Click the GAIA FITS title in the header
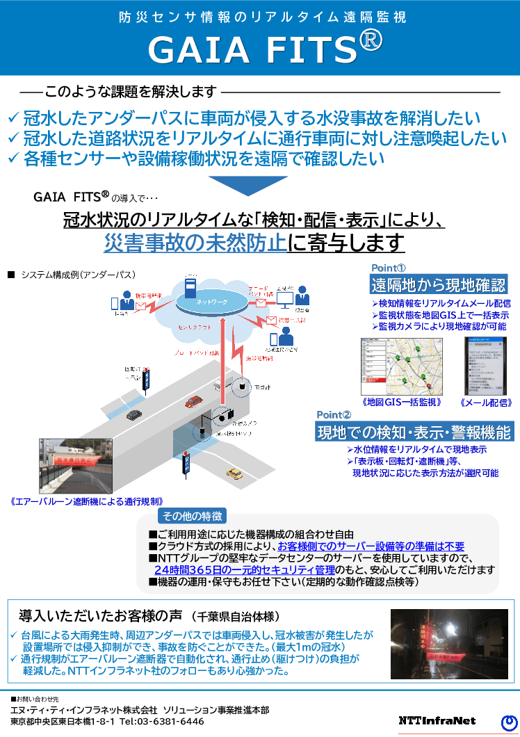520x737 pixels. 265,49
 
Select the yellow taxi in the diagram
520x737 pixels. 235,473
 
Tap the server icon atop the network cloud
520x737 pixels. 190,287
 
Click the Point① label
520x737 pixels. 389,268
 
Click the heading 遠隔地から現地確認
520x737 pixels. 438,284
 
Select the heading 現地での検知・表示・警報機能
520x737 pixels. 414,432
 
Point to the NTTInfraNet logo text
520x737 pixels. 437,720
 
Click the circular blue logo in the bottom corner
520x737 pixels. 508,722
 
